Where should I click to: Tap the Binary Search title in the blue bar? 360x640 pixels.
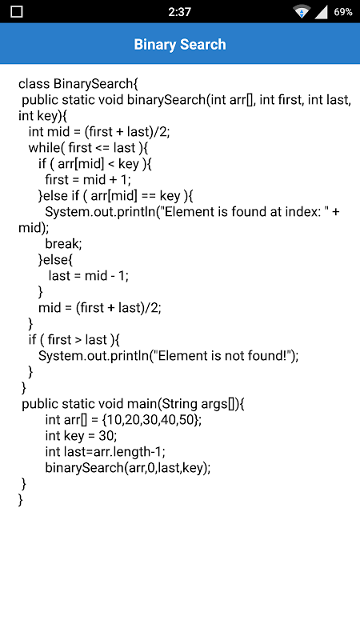180,44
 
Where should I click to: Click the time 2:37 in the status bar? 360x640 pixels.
179,12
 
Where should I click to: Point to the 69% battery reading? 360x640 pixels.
343,12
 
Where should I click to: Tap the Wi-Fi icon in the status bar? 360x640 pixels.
302,12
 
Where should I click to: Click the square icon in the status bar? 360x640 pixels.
17,12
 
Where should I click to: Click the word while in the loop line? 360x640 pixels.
44,148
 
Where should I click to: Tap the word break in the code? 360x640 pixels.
62,244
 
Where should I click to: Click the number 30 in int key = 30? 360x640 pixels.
106,435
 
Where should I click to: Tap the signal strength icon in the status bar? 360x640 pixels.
322,12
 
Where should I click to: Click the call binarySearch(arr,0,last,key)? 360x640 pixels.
128,468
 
